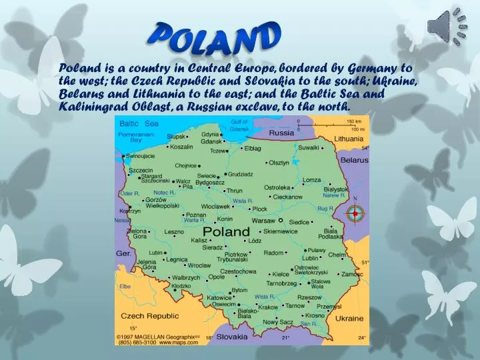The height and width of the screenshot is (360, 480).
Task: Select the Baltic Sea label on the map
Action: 139,123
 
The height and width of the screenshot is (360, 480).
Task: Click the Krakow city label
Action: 268,307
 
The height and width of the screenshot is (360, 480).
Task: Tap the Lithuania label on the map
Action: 349,139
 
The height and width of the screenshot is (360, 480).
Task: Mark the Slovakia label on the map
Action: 231,337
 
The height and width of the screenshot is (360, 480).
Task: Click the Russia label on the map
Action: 281,133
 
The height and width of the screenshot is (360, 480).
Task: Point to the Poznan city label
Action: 195,215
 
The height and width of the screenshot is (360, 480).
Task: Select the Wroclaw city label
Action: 180,265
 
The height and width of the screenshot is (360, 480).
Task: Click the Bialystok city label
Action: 335,190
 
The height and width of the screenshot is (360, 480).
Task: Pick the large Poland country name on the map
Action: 226,231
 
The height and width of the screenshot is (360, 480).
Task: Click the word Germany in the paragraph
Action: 375,68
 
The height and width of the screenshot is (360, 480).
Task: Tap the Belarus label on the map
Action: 354,160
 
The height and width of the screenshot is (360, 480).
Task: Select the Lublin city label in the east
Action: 311,258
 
